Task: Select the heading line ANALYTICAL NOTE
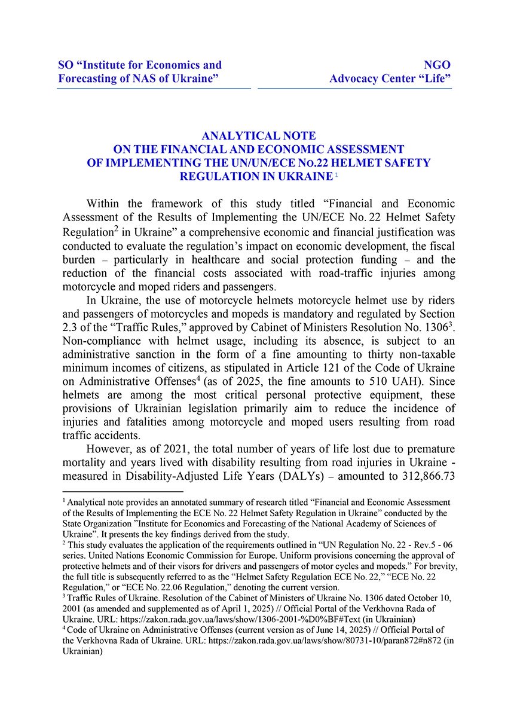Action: (x=259, y=136)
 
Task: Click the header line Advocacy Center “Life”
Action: (x=390, y=79)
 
